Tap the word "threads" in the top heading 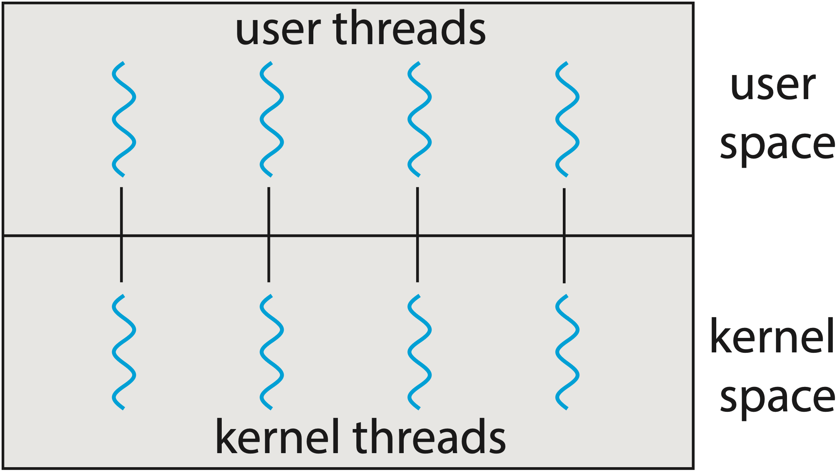[x=409, y=27]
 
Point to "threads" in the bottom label [x=429, y=436]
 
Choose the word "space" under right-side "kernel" [x=777, y=399]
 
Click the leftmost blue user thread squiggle [x=124, y=119]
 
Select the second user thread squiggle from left [x=272, y=119]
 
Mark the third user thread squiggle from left [x=419, y=119]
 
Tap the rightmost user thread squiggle [x=567, y=119]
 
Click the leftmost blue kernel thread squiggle [x=124, y=352]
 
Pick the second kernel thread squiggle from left [x=272, y=352]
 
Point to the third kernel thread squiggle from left [x=419, y=352]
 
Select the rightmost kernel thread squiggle [x=567, y=352]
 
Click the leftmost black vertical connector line [x=121, y=235]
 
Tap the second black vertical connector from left [x=269, y=235]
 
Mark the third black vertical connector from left [x=417, y=235]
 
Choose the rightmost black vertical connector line [x=564, y=236]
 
